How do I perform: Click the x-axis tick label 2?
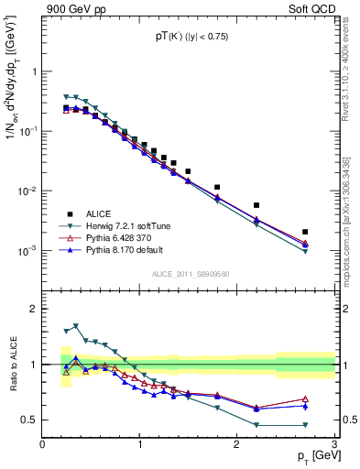(x=237, y=445)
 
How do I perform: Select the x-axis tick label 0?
(x=43, y=445)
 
